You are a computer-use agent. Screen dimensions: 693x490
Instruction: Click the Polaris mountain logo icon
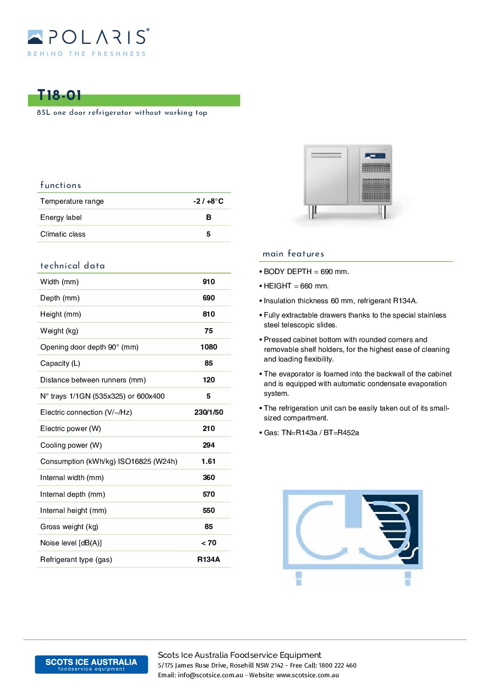pos(35,37)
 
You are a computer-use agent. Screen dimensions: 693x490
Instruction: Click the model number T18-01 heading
pos(59,95)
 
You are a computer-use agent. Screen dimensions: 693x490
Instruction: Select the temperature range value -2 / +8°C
pos(208,201)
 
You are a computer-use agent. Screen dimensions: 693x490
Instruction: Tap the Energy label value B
pos(208,217)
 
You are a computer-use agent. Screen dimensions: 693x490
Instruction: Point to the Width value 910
pos(208,281)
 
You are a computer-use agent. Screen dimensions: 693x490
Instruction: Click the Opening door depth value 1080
pos(208,347)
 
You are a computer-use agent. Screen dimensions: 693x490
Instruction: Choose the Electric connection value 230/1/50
pos(208,412)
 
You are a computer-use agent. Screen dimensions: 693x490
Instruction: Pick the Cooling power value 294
pos(208,445)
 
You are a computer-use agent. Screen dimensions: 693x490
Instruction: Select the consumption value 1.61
pos(208,461)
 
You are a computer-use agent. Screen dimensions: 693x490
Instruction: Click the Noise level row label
pos(71,543)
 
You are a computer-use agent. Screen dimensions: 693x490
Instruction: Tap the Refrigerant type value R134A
pos(208,559)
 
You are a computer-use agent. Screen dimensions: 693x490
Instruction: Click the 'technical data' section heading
pos(73,266)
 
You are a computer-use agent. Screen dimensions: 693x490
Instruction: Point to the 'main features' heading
pos(293,254)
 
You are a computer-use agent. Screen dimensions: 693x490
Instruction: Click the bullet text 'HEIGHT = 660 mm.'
pos(296,286)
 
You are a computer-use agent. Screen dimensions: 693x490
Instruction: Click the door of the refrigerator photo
pos(326,176)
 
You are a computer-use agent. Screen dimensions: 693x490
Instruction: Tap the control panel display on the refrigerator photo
pos(375,156)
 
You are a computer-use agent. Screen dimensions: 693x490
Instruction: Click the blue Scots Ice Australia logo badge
pos(91,664)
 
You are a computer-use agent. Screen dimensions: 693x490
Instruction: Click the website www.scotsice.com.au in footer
pos(308,675)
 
